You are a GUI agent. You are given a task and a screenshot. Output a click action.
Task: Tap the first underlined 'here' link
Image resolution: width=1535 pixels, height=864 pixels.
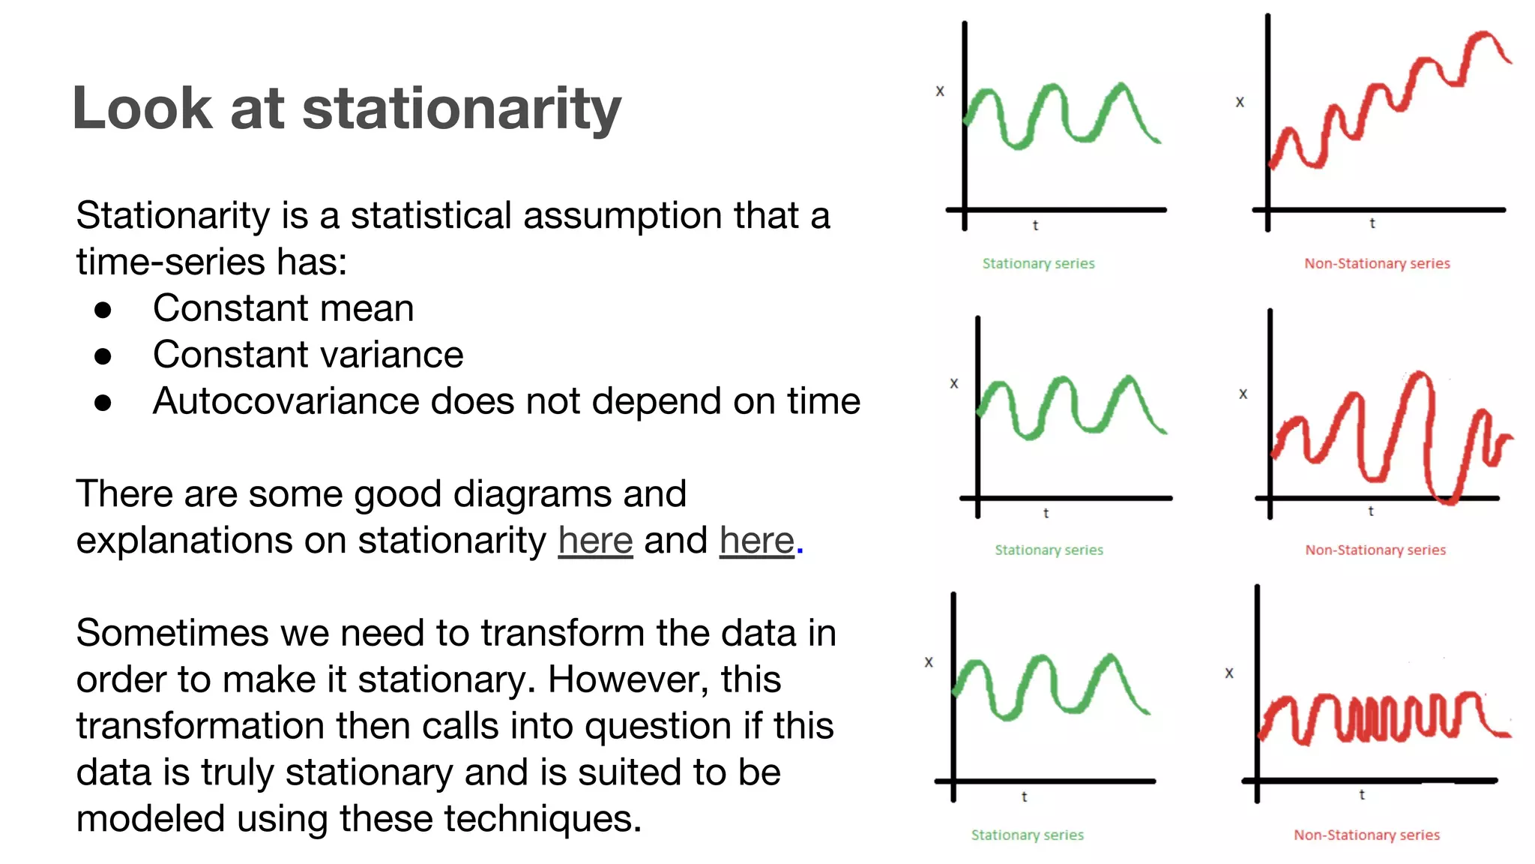click(x=595, y=541)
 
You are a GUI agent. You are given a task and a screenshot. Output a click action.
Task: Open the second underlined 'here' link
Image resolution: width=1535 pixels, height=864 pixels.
click(x=756, y=541)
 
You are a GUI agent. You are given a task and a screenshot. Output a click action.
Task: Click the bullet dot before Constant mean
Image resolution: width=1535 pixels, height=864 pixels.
click(x=103, y=310)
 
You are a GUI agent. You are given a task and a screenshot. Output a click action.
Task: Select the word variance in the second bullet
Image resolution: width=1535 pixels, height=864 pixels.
click(x=393, y=355)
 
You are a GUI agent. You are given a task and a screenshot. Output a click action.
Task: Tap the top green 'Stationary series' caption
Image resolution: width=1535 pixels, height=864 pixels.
click(x=1038, y=264)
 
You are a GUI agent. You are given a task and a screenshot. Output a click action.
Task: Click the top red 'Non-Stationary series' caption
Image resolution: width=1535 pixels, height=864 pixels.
click(x=1377, y=264)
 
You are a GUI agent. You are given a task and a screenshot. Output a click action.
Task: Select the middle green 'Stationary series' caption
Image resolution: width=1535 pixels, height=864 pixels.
click(x=1049, y=550)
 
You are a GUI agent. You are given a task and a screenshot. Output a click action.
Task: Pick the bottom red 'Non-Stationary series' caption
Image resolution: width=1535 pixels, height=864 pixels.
click(x=1366, y=835)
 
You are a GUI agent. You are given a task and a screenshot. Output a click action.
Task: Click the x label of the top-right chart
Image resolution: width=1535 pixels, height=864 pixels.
click(x=1240, y=102)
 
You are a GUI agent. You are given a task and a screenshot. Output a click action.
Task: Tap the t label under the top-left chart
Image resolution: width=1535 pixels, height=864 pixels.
click(x=1035, y=225)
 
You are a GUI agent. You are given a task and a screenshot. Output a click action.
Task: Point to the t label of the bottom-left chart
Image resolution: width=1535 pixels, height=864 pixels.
click(x=1024, y=796)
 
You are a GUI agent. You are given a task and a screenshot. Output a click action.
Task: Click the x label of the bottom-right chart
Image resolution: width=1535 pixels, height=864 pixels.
click(x=1229, y=673)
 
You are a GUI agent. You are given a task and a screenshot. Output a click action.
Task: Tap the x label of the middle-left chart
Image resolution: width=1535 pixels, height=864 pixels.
click(x=954, y=383)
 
